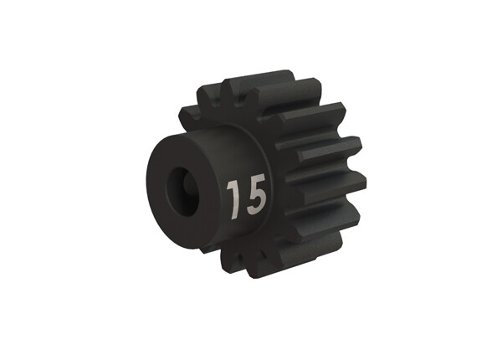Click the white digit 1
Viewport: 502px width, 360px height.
coord(234,198)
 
